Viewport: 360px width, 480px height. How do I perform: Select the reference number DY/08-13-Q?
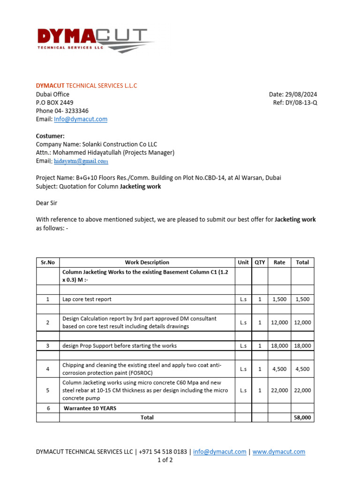pos(300,103)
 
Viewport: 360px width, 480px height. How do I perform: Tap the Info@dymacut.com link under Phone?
pos(81,119)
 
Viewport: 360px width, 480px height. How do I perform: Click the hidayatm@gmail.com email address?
pos(81,161)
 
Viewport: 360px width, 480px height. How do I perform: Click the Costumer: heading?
pos(50,136)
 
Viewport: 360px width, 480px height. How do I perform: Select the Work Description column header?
pos(147,262)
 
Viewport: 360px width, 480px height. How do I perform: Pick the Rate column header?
pos(279,262)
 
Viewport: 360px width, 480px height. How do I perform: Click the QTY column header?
pos(260,262)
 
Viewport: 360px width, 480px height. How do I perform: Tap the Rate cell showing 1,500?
pos(279,299)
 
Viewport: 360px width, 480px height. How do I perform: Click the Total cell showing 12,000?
pos(302,322)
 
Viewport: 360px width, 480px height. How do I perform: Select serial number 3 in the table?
pos(48,345)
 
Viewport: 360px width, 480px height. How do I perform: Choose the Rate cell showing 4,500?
pos(279,369)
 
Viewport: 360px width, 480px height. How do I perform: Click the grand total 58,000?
pos(302,417)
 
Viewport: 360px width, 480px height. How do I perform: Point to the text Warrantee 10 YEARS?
pos(90,408)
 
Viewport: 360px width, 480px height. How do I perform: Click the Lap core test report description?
pos(87,299)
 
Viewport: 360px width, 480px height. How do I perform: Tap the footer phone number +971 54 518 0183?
pos(164,451)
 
